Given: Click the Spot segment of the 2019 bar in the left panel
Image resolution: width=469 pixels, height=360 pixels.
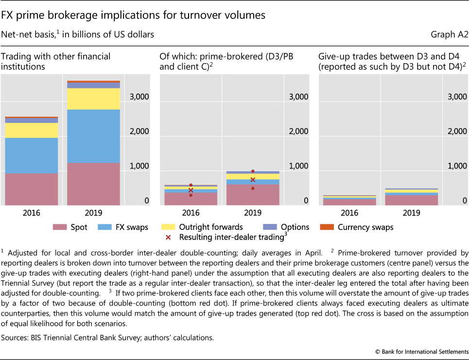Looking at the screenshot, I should [93, 184].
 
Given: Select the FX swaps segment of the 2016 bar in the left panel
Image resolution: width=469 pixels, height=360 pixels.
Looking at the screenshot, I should [32, 155].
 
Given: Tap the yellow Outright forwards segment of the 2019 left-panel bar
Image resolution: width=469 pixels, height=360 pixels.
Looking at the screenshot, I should [93, 99].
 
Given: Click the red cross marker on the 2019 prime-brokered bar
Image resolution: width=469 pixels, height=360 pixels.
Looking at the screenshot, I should [253, 180].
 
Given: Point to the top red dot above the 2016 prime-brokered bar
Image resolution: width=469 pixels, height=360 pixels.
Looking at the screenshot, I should [191, 185].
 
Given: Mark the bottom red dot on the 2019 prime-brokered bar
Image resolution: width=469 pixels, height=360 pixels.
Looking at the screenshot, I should [253, 188].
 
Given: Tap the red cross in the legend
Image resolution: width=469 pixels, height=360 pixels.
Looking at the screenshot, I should [168, 237].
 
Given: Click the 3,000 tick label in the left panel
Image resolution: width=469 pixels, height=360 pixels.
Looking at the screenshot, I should [139, 97].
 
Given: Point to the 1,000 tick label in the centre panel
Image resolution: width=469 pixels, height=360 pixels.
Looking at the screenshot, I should [298, 166].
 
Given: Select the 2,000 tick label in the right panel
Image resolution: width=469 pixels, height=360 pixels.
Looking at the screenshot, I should [458, 131].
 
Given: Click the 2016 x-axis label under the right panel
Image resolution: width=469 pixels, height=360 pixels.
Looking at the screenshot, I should [350, 213].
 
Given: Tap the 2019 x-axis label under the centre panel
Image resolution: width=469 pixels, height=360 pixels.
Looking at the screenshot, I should [253, 213].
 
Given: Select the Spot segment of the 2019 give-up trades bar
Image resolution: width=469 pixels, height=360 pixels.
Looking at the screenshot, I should [411, 200].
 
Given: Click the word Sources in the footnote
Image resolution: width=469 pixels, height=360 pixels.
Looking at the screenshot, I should [17, 336].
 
